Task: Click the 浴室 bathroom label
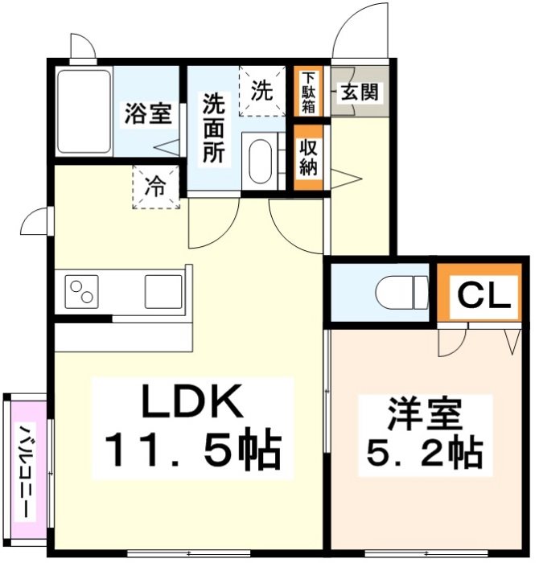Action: point(146,113)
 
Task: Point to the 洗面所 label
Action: point(214,128)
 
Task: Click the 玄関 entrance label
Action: point(358,92)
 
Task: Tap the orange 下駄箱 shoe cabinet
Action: point(308,91)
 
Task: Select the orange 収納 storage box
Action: point(308,158)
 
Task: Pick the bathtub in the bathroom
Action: point(84,113)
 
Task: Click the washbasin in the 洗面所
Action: point(260,163)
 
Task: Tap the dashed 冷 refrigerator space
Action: point(156,187)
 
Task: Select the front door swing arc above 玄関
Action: point(362,32)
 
